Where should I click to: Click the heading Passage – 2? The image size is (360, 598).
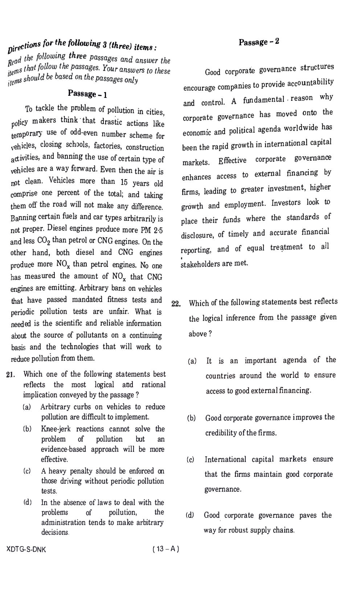[x=259, y=42]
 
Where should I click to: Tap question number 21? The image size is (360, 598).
[x=11, y=375]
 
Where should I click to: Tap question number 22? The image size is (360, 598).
[x=176, y=304]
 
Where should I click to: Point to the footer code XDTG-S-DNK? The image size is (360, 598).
[x=26, y=549]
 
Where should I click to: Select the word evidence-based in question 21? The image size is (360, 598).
[x=64, y=449]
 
